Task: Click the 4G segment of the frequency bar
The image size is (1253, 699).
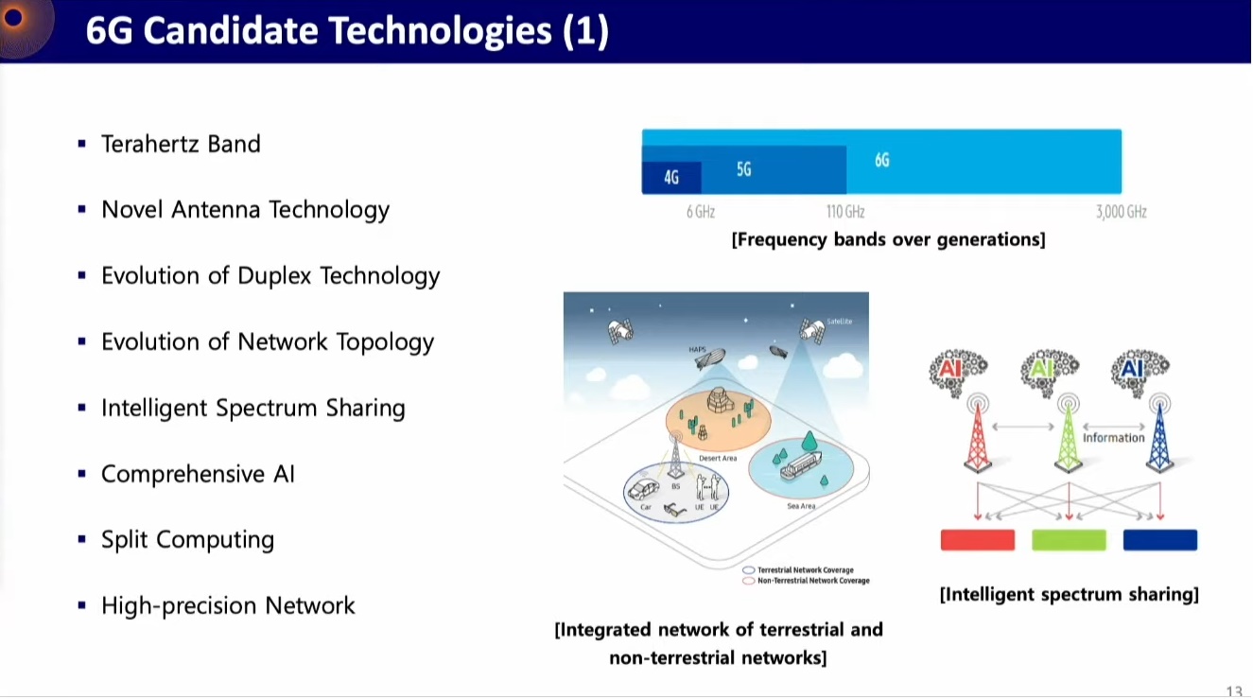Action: point(671,177)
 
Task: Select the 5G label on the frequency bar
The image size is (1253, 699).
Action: point(744,169)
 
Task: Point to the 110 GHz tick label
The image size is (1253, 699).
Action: point(845,212)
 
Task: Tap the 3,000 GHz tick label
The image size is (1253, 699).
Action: point(1121,212)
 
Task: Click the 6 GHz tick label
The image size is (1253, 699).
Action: point(701,212)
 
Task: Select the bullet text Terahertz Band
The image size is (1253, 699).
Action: point(181,144)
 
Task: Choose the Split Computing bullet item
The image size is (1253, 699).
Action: point(187,539)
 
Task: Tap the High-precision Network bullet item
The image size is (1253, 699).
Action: point(228,605)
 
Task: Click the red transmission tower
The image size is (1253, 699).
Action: point(978,435)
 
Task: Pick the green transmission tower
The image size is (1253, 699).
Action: point(1069,435)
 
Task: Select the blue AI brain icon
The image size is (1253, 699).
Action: point(1141,369)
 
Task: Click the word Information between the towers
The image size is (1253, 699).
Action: point(1113,438)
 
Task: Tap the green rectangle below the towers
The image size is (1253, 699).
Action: point(1069,540)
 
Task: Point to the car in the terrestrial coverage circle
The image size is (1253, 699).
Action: point(645,489)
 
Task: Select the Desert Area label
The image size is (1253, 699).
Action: point(718,459)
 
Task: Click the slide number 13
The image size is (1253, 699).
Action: point(1234,691)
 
